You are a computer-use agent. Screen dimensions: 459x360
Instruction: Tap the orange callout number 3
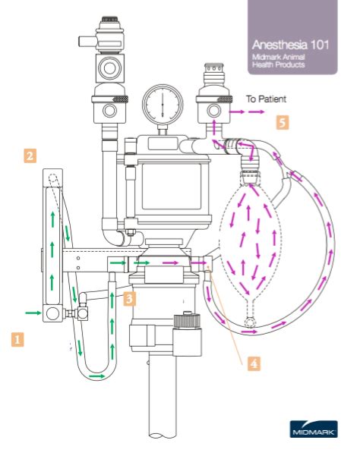[x=131, y=298]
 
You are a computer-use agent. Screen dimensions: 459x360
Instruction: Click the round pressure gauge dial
[x=162, y=105]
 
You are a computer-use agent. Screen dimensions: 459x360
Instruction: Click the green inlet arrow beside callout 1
[x=33, y=312]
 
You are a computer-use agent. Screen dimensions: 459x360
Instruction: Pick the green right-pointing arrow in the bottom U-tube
[x=97, y=375]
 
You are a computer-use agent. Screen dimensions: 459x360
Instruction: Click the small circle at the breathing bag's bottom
[x=250, y=322]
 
